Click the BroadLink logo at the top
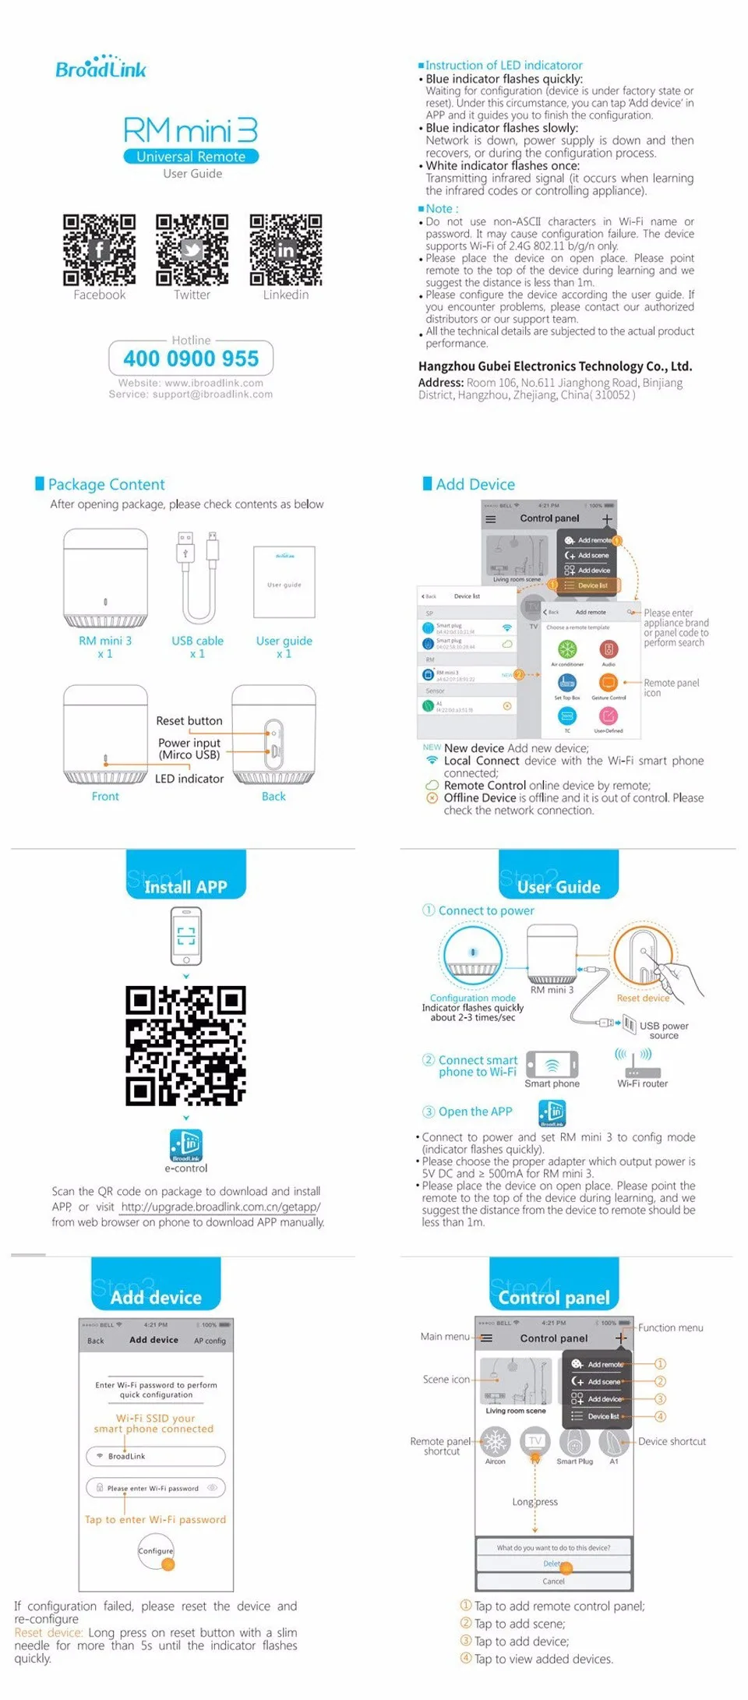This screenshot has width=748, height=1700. pos(101,68)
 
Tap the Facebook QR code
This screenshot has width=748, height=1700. pos(99,249)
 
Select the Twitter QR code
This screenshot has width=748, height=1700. pos(192,249)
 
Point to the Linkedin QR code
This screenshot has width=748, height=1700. pos(285,249)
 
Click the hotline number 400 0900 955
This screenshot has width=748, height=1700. pos(191,359)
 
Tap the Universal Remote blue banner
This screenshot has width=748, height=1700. pos(191,157)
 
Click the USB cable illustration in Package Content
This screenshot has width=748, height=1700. pos(198,577)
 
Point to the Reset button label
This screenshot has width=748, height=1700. pos(189,721)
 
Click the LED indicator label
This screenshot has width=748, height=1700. pos(189,779)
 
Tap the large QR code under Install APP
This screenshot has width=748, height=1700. pos(185,1045)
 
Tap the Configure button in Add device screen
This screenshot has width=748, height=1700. pos(156,1550)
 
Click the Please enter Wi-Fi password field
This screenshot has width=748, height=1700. pos(156,1488)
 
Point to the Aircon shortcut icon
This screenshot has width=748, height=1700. pos(496,1442)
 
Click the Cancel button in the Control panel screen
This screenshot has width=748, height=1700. pos(553,1581)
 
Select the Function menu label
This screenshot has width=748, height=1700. pos(670,1327)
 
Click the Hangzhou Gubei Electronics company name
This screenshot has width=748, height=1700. pos(555,366)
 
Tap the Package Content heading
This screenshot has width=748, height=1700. pos(106,484)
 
